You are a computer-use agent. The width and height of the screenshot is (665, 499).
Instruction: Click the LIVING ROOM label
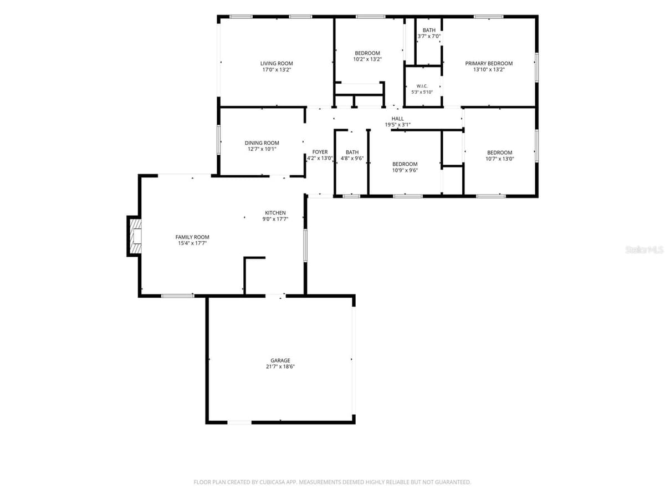point(277,63)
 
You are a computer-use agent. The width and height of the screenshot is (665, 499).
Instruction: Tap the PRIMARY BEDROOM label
point(489,63)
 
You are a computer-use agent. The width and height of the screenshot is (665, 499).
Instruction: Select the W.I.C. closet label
point(422,86)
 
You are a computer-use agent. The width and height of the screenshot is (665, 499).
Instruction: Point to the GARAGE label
point(280,360)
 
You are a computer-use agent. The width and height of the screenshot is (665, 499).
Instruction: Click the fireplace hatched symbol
point(135,236)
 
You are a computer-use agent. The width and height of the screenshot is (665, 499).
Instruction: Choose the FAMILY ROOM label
point(192,237)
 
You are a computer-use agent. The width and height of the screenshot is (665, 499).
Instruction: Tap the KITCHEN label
point(275,213)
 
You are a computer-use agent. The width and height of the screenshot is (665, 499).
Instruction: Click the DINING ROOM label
point(262,142)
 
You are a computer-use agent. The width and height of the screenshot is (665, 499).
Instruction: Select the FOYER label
point(320,152)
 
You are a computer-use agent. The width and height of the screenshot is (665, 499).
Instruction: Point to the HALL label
point(397,119)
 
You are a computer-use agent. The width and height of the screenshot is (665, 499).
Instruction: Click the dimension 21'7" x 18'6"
point(280,366)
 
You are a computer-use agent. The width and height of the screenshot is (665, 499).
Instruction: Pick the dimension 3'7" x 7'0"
point(429,36)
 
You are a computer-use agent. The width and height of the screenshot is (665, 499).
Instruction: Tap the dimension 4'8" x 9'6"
point(352,158)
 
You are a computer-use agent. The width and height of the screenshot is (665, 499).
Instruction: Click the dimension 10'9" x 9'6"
point(405,170)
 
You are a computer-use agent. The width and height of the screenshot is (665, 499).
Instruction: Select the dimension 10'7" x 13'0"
point(500,159)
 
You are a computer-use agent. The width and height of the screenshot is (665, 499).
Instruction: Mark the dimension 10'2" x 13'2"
point(367,59)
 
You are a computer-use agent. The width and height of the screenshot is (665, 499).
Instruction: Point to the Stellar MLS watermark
point(644,249)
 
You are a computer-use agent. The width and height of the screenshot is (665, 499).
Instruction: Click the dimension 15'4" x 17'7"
point(192,243)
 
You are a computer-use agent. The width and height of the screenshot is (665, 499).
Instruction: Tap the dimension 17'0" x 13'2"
point(277,69)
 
